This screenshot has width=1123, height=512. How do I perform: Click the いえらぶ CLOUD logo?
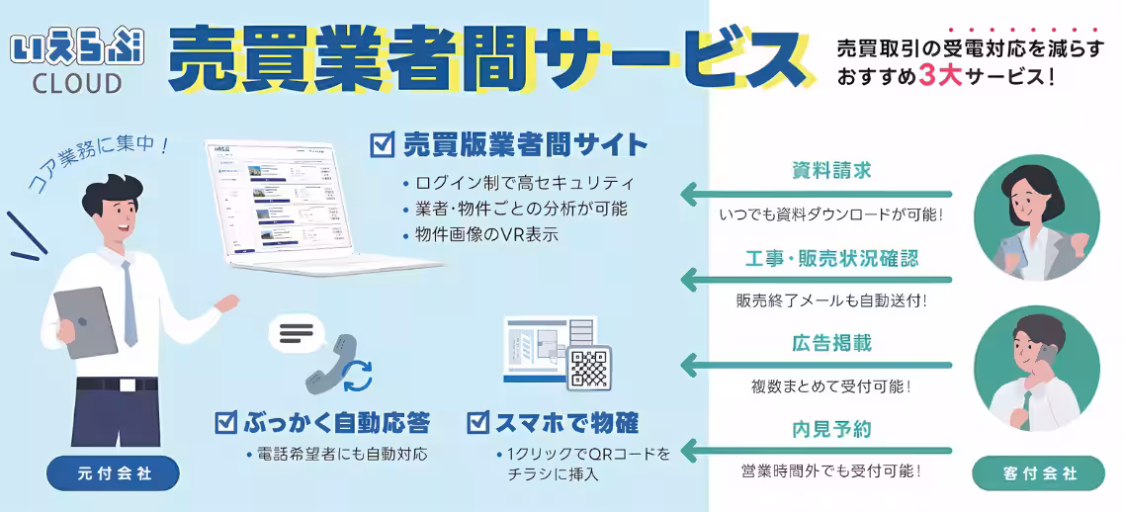click(x=66, y=62)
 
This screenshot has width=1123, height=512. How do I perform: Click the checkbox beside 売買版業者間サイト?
click(x=382, y=145)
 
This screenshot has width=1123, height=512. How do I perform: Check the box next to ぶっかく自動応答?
click(x=225, y=424)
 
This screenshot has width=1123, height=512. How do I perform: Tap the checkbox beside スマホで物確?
click(x=479, y=424)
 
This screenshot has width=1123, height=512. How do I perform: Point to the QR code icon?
click(x=588, y=368)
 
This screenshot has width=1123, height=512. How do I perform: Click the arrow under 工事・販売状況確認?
click(x=817, y=280)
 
